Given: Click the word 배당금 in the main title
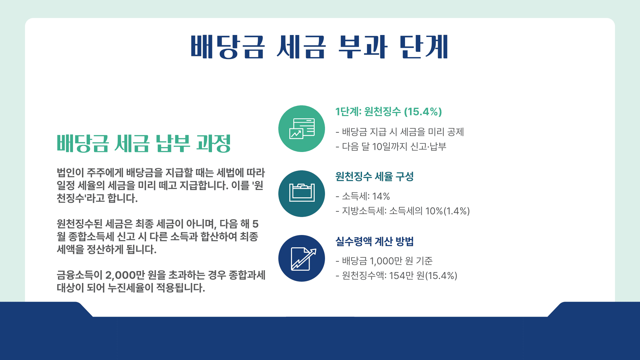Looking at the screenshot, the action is point(228,47).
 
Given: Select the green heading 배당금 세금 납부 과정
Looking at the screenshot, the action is point(144,143).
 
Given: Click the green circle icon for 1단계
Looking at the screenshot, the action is point(302,129).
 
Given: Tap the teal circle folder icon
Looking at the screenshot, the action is point(302,194).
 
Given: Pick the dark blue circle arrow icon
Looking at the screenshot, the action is point(302,258).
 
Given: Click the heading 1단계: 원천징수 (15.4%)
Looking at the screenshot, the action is point(389,112).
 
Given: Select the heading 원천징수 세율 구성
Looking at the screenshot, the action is point(374,176).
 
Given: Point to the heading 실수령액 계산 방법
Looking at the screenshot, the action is point(374,241).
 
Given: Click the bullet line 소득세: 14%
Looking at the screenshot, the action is point(363,196).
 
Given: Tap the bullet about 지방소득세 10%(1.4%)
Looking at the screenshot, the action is point(403,211).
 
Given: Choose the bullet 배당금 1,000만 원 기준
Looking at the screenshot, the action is point(384,261).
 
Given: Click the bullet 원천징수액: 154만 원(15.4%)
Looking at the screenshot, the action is point(396,276).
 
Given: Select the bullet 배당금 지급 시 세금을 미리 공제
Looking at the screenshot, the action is point(400,132).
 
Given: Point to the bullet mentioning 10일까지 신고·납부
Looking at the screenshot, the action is point(391,147).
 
